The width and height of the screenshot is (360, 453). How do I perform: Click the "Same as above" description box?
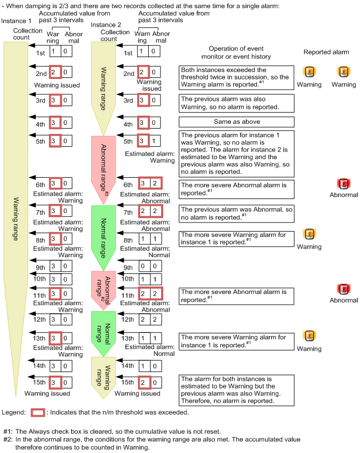236,122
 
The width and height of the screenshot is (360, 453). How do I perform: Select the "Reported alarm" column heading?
326,52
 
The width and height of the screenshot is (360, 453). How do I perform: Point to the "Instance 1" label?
14,20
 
